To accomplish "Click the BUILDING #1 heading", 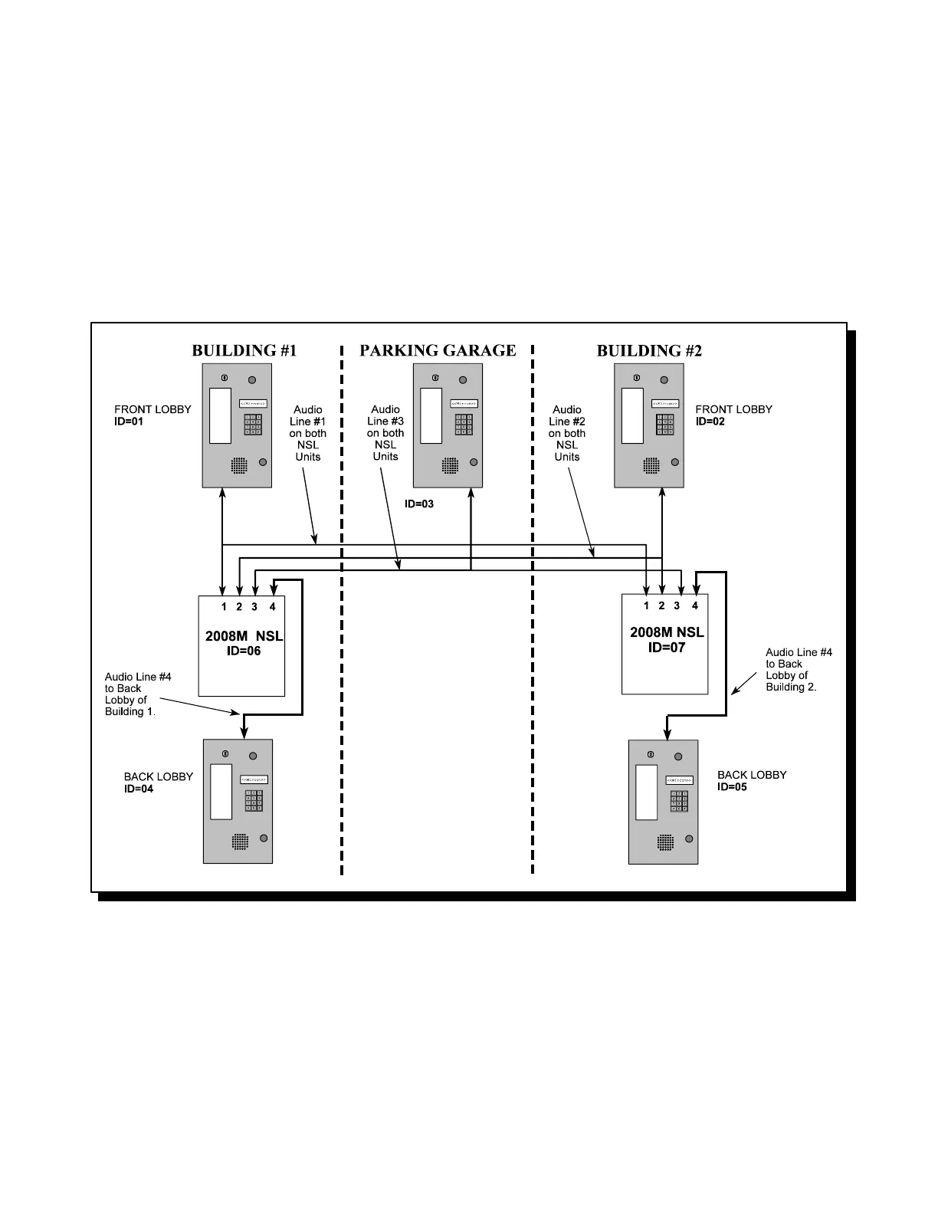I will pos(244,351).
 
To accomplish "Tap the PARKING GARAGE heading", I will pos(438,351).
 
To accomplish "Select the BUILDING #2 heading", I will pos(649,351).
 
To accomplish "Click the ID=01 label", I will pos(129,422).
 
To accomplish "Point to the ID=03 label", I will pos(419,504).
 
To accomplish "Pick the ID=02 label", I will pos(710,422).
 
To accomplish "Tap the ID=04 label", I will pos(139,789).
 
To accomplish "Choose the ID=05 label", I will pos(732,787).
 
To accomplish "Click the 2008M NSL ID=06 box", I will pos(241,646).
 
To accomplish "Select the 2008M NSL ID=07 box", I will pos(664,644).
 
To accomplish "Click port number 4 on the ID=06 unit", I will pos(272,607).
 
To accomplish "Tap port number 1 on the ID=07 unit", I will pos(646,606).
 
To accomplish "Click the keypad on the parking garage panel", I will pos(464,425).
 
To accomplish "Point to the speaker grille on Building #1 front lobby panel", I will pos(239,465).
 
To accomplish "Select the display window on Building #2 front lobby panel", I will pos(632,415).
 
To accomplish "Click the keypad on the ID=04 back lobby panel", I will pos(254,801).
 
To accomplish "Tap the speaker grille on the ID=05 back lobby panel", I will pos(665,842).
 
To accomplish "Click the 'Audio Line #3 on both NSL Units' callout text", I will pos(385,433).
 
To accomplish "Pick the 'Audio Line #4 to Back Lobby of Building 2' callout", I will pos(799,670).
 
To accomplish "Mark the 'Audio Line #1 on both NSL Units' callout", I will pos(308,433).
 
